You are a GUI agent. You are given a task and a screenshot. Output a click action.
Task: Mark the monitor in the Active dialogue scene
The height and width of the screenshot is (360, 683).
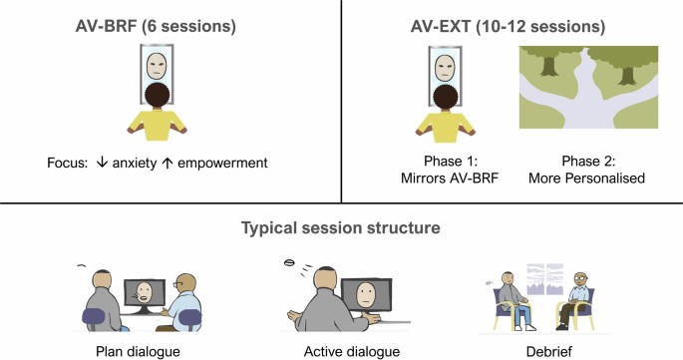click(x=366, y=294)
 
